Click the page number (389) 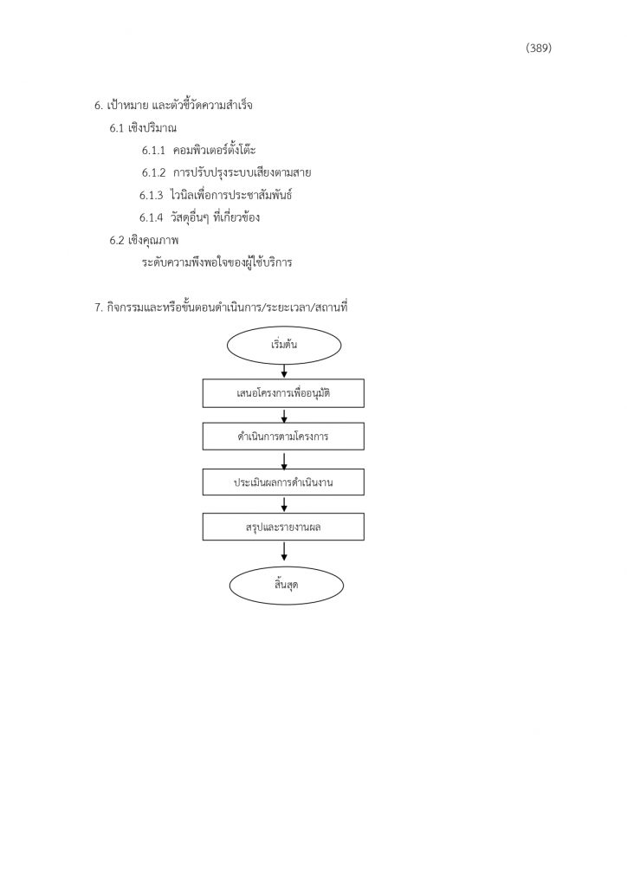click(539, 49)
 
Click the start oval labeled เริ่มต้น click(284, 345)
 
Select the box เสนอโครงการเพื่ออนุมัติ click(283, 393)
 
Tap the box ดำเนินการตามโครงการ click(283, 437)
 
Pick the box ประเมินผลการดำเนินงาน click(283, 482)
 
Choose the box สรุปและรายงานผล click(283, 527)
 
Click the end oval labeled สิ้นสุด click(286, 585)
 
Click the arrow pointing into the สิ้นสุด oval click(284, 551)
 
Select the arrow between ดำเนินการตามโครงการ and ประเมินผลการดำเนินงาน click(284, 460)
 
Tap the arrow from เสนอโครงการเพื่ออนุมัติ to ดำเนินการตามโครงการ click(284, 415)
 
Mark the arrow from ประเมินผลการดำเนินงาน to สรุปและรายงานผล click(284, 504)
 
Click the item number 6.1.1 click(153, 151)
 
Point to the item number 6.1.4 click(152, 217)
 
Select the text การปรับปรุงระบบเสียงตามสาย click(242, 172)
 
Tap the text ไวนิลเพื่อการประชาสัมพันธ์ click(230, 195)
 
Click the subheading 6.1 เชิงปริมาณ click(143, 128)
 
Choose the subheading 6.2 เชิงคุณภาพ click(144, 241)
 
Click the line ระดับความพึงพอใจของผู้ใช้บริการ click(217, 262)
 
